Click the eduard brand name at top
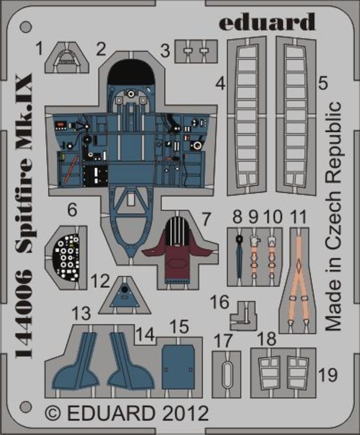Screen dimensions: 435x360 (267, 21)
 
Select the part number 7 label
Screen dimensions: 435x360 (206, 216)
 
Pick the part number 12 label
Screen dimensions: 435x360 (101, 281)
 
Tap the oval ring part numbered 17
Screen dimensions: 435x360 (226, 373)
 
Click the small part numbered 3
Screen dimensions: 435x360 (196, 51)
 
